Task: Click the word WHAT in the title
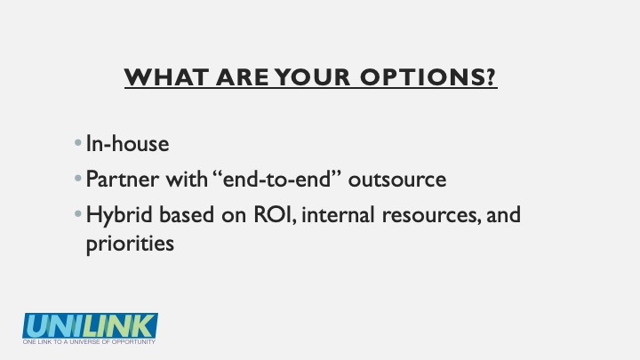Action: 167,76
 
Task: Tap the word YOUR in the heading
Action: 312,76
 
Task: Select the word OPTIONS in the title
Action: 422,76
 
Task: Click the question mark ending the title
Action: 491,76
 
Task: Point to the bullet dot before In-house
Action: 78,143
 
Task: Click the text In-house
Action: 127,143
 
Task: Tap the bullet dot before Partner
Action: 78,179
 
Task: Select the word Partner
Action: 123,180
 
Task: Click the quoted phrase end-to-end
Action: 277,179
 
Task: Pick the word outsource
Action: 397,180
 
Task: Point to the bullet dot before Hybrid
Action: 78,213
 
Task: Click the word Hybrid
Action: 119,215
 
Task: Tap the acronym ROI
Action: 273,215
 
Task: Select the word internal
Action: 338,215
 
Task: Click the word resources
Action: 429,215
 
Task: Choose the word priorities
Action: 130,244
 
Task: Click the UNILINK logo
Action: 90,325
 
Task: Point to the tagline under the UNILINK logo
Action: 89,341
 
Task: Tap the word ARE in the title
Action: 243,76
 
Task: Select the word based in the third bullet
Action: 187,215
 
